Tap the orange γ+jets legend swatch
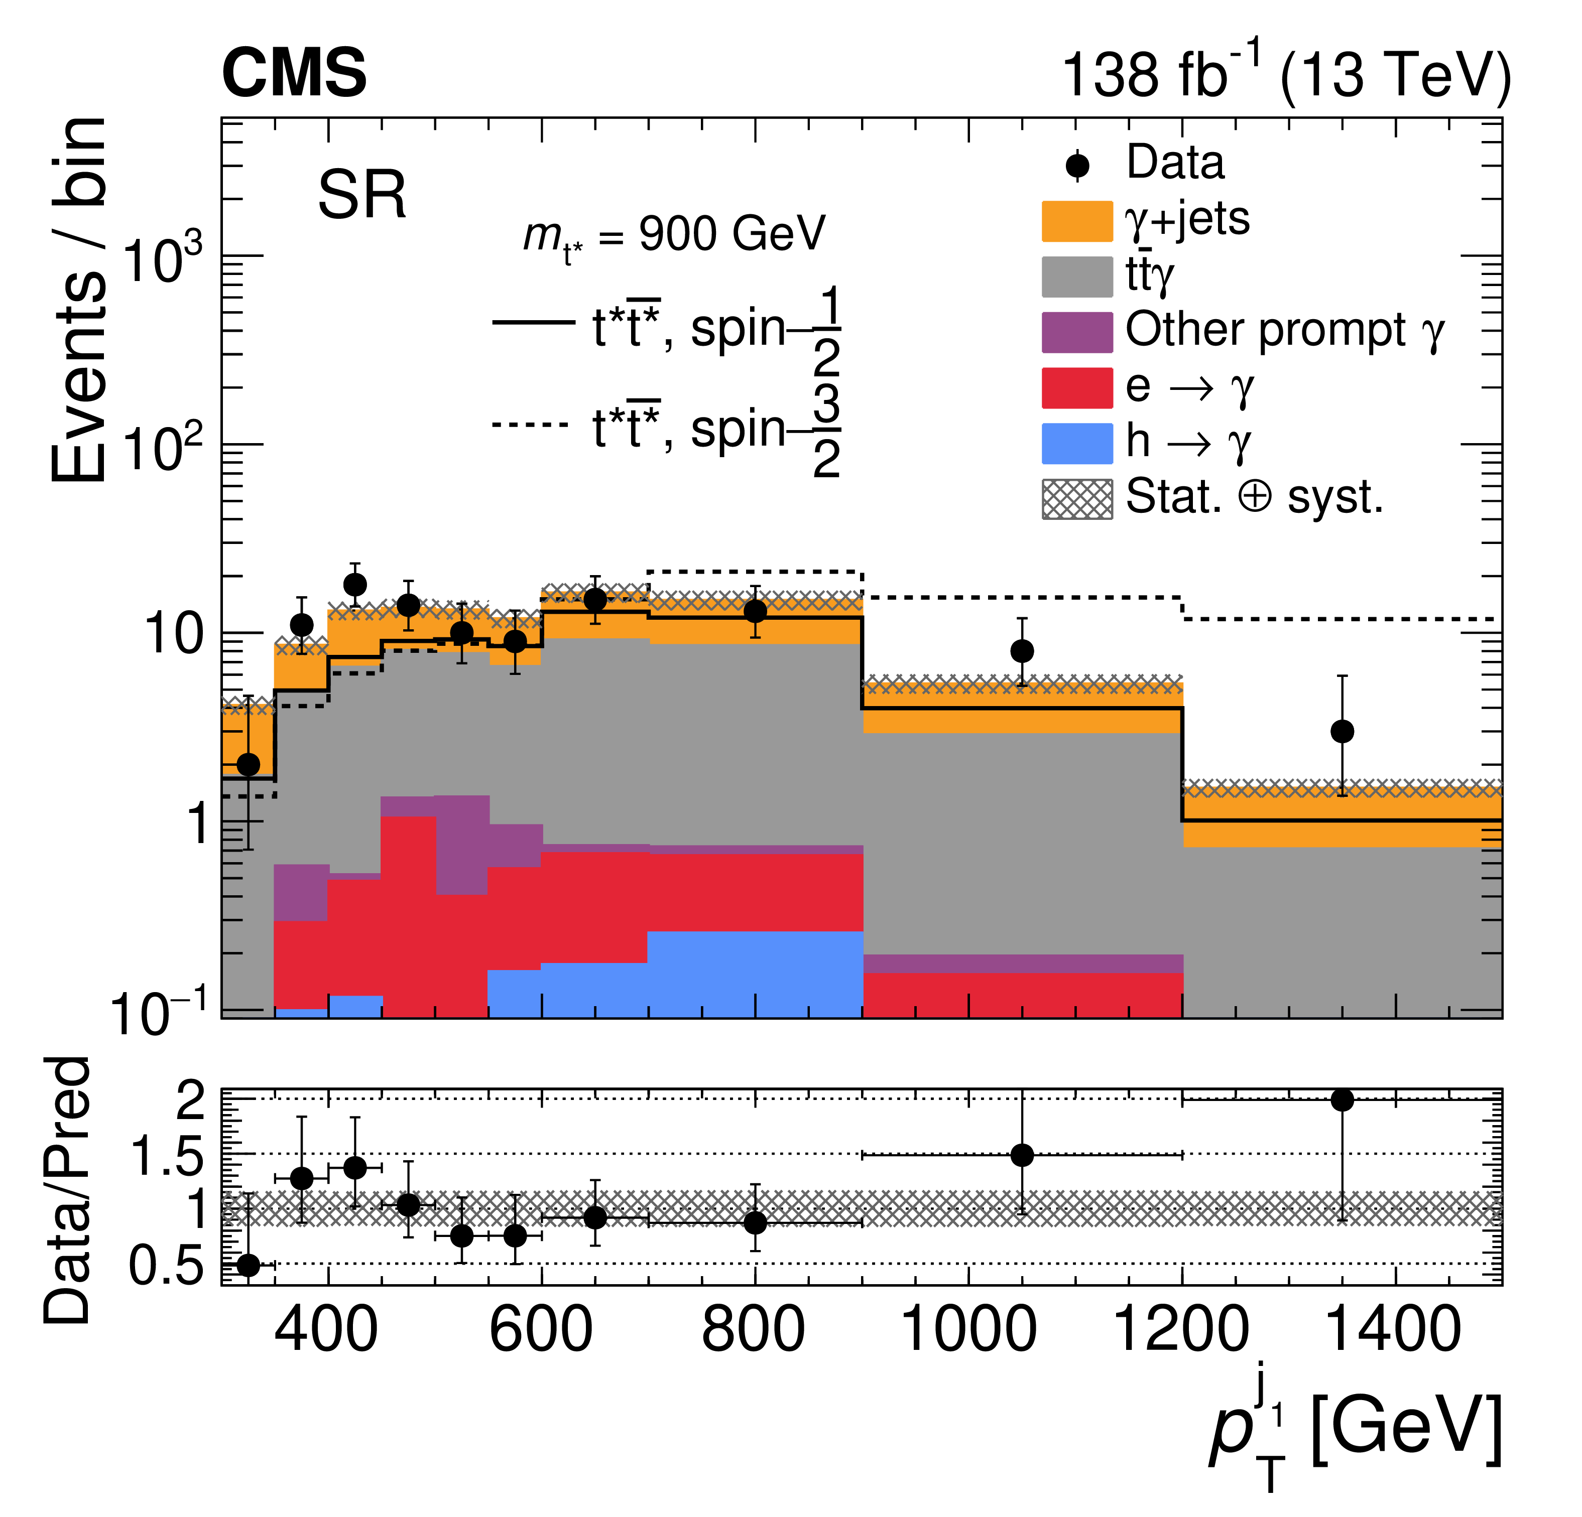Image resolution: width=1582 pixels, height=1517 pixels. tap(1077, 221)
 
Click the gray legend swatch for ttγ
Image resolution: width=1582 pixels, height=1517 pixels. tap(1077, 277)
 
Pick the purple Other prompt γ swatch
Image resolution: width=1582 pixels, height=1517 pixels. tap(1077, 332)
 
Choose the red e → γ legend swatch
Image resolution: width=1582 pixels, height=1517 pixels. tap(1077, 388)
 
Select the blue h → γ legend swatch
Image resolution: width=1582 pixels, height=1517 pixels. tap(1077, 444)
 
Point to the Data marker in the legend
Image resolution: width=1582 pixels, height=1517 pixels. tap(1077, 166)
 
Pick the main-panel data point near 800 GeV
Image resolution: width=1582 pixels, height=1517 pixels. tap(755, 611)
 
